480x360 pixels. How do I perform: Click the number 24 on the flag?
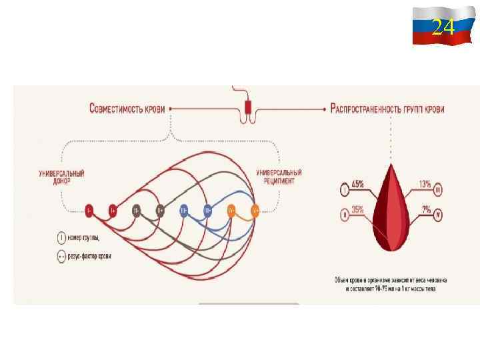coord(443,27)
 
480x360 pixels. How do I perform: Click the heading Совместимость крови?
coord(127,108)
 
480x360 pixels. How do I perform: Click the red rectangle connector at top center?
coord(249,109)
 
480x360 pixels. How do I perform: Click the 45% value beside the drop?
coord(357,183)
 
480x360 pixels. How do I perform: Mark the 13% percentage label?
coord(425,184)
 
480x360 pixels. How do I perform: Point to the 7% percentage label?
coord(426,209)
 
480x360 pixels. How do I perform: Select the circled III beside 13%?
coord(438,190)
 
